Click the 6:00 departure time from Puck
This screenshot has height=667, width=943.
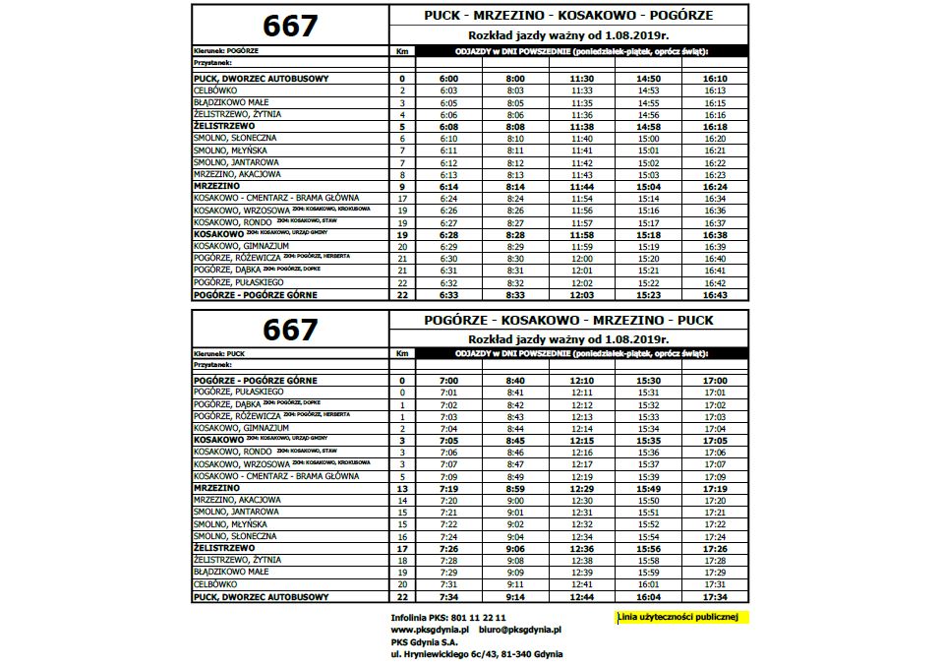point(449,78)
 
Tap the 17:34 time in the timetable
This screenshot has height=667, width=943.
point(715,596)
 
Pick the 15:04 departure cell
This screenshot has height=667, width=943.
point(648,186)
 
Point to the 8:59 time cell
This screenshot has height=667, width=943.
point(515,488)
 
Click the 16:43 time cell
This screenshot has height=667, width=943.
point(715,294)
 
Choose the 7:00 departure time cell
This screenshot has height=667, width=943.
point(449,380)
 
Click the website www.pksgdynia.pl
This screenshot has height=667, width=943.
point(433,629)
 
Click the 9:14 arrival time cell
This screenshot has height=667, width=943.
point(515,596)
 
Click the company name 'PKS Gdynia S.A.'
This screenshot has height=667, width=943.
point(427,640)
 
